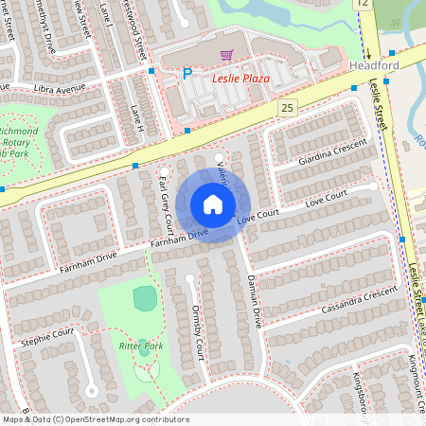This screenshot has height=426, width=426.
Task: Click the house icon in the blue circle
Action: pos(213,204)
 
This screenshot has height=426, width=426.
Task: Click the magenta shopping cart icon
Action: pos(226,56)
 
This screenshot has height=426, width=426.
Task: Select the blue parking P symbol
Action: pos(186,73)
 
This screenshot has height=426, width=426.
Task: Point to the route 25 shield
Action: pos(288,109)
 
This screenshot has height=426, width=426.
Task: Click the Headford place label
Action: pos(375,65)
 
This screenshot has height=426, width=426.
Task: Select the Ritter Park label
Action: pos(142,347)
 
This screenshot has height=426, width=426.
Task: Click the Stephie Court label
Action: pos(50,334)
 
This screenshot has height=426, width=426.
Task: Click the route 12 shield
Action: pos(364,5)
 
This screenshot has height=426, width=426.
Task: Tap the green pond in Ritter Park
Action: pos(143,298)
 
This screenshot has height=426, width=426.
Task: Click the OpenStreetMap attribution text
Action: pos(95,419)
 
